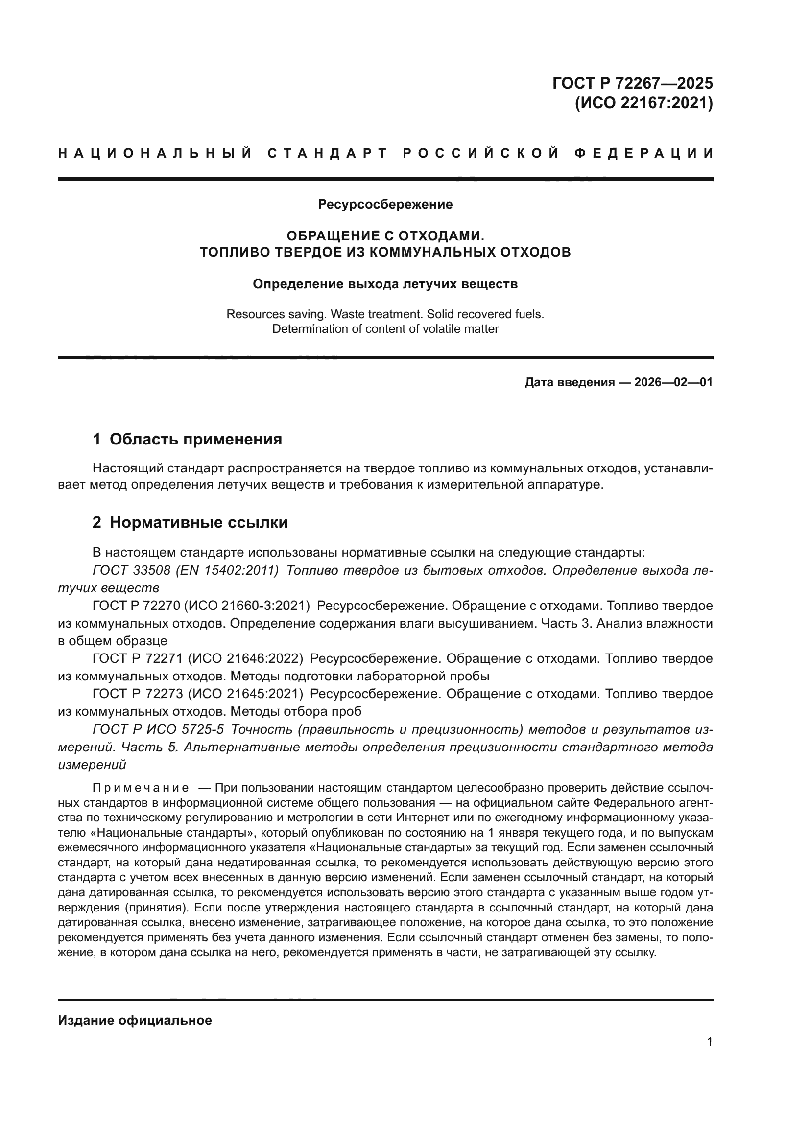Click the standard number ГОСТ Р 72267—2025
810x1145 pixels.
632,83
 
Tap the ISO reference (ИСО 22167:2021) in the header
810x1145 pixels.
643,103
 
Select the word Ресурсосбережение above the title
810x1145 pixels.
385,204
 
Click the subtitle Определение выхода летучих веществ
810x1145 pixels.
385,284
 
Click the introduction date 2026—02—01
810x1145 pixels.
673,382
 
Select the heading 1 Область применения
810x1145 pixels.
188,439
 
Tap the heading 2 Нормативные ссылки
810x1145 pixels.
190,522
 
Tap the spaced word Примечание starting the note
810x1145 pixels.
141,788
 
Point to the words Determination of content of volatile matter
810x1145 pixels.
385,329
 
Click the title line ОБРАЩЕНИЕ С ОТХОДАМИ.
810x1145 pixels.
385,235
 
